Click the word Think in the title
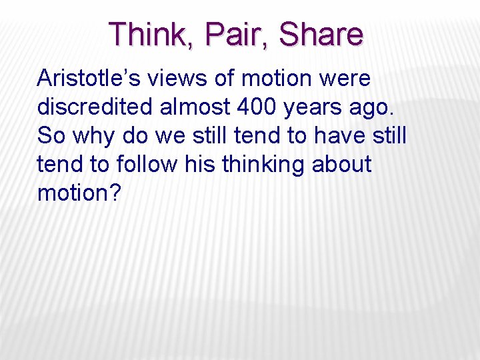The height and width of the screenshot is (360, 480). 149,35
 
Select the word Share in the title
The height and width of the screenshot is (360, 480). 321,35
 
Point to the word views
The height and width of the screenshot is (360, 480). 185,79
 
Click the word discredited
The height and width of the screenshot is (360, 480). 95,107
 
